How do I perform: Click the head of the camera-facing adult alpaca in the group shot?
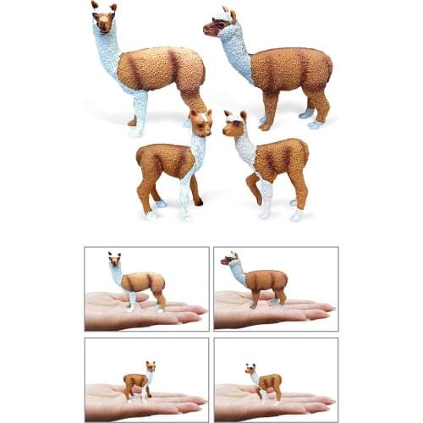tap(103, 18)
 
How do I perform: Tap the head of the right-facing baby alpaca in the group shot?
tap(201, 123)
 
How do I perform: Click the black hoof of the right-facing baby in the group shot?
tap(197, 202)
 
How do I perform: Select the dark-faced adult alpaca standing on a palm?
tap(254, 278)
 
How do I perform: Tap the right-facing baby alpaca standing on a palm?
tap(137, 381)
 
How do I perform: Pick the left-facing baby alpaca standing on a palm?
tap(262, 382)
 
